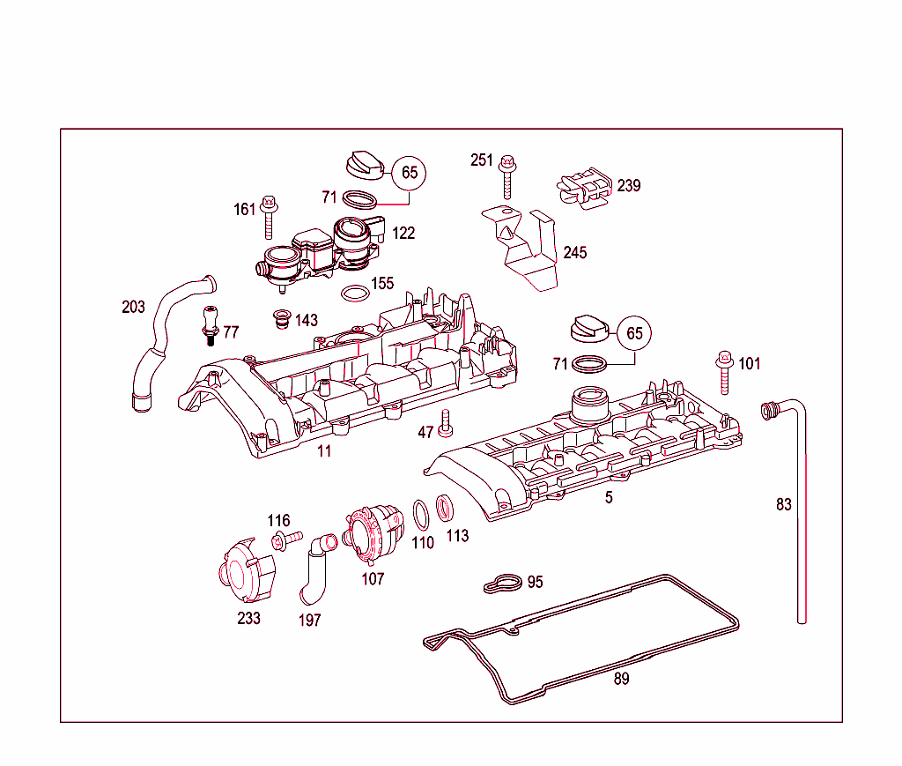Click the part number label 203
pos(133,308)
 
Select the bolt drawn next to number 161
pos(269,217)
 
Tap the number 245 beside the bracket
pos(574,253)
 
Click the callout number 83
pos(783,505)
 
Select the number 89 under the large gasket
pos(621,679)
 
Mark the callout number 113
pos(457,536)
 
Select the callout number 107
pos(373,579)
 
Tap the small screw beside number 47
pos(445,424)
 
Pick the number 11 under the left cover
pos(324,451)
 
